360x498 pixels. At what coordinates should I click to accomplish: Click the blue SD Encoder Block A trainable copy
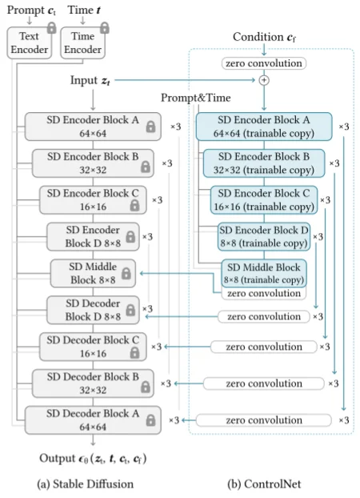264,126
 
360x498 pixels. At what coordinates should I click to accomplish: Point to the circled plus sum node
263,80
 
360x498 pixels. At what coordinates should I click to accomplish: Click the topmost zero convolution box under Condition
263,62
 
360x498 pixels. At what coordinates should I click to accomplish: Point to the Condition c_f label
263,38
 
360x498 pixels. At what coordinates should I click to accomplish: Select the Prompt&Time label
194,98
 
